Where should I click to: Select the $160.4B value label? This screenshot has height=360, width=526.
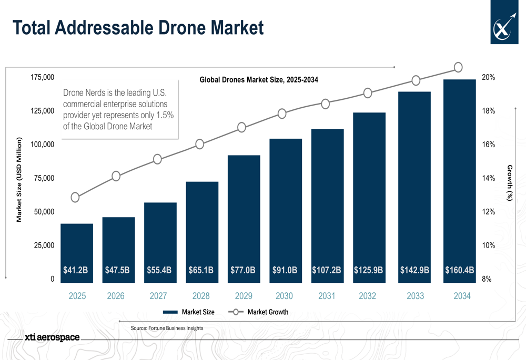point(459,270)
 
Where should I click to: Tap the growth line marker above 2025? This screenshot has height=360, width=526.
point(75,198)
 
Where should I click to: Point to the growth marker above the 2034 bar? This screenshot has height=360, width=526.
point(458,67)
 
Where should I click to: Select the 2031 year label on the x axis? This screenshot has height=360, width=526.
point(327,296)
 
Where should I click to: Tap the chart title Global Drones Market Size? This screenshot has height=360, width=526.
point(259,80)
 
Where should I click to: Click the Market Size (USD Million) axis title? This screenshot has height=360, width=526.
point(19,179)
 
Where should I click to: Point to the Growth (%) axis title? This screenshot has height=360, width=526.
point(509,182)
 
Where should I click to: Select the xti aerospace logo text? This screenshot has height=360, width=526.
point(52,337)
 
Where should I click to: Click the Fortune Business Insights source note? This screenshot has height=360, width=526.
point(167,328)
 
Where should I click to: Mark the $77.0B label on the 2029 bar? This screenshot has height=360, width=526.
point(243,270)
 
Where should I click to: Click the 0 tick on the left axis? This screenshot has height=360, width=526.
point(52,280)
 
